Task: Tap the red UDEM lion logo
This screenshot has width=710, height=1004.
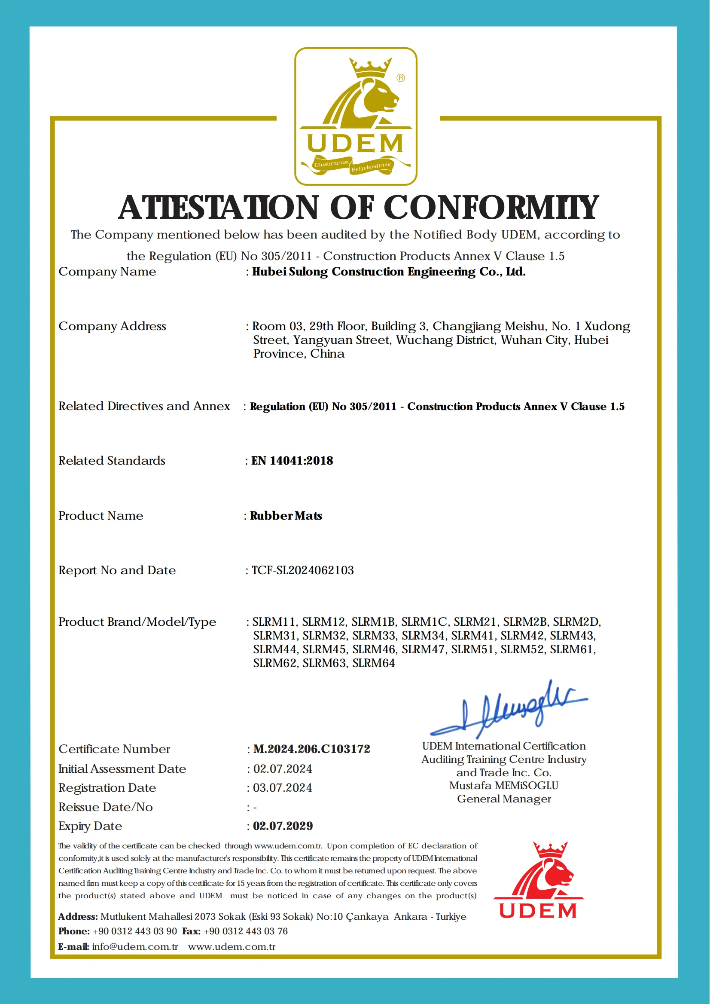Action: click(x=538, y=880)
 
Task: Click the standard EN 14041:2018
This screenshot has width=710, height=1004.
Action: click(x=292, y=461)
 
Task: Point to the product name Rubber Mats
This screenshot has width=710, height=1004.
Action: click(x=286, y=516)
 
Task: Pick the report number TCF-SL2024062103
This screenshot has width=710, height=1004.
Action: click(x=302, y=570)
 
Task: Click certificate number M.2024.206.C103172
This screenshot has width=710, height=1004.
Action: click(x=311, y=749)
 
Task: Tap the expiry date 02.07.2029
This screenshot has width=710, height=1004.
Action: click(x=283, y=826)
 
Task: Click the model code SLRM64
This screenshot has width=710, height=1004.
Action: click(x=373, y=663)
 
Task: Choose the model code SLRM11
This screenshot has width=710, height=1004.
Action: click(x=274, y=621)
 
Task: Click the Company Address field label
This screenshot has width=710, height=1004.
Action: click(x=113, y=326)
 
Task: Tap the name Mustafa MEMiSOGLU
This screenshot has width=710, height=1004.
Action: click(x=504, y=786)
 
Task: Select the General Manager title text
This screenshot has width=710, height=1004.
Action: click(x=504, y=799)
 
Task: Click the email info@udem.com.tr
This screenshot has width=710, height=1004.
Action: click(x=135, y=947)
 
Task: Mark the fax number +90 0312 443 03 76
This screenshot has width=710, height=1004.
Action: click(x=245, y=931)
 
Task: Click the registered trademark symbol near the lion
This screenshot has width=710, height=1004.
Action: click(x=400, y=78)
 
